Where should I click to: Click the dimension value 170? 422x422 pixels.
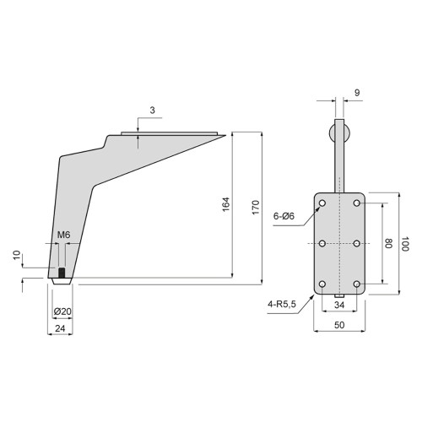pos(254,207)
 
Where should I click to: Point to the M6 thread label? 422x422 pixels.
pos(63,235)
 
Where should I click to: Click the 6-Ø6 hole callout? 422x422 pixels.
pos(284,216)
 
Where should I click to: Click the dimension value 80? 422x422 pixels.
pos(390,243)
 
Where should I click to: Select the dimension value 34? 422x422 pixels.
pos(339,305)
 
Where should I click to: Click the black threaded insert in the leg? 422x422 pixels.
pos(62,273)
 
